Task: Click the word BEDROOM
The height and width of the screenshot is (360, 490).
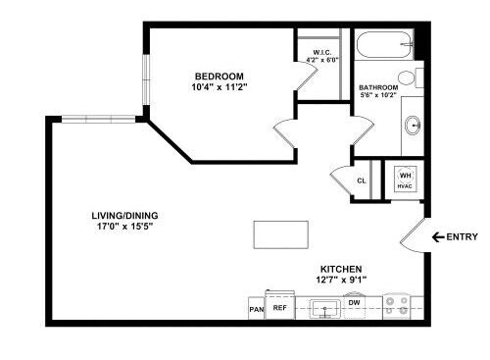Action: click(x=219, y=77)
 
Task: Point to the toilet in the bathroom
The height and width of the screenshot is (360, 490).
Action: click(x=412, y=76)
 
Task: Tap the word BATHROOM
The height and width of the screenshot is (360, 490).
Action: click(x=378, y=87)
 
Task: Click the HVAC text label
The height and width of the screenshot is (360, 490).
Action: click(x=405, y=186)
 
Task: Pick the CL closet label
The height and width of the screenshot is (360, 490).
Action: click(x=362, y=180)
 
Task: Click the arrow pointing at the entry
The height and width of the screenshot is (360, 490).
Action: click(x=437, y=236)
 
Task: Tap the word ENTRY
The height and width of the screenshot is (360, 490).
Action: click(x=463, y=236)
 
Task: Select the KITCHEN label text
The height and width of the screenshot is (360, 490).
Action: click(x=342, y=269)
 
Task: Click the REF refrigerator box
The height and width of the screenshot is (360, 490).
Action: click(x=280, y=307)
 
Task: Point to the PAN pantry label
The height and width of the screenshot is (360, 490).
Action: click(x=256, y=309)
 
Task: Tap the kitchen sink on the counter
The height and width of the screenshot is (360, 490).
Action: click(x=325, y=309)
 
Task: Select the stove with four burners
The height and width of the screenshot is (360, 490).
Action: click(x=397, y=306)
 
